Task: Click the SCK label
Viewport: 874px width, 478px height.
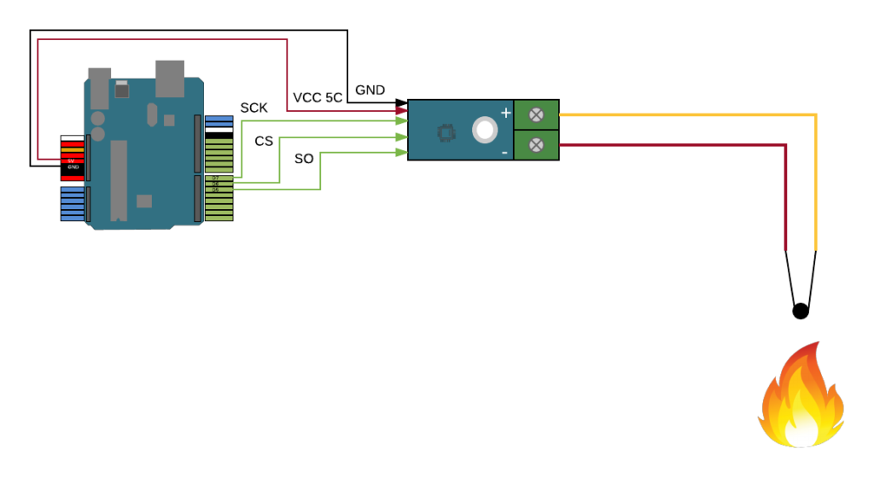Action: coord(253,108)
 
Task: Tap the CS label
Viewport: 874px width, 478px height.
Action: coord(264,141)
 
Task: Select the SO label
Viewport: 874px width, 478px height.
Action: coord(304,159)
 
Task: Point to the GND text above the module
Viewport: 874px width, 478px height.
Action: coord(370,90)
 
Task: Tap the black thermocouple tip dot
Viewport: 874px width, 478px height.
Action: coord(800,311)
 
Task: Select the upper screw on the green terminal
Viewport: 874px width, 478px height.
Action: coord(536,114)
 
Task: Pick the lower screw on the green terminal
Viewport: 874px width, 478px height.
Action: coord(536,145)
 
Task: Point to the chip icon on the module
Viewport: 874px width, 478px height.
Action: coord(445,132)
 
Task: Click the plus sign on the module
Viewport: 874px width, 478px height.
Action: coord(505,113)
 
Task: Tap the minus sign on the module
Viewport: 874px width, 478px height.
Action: coord(504,153)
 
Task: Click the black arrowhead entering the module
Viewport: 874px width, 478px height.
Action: coord(401,103)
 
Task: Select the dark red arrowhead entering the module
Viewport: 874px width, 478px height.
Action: coord(401,111)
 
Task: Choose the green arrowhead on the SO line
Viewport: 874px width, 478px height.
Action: coord(401,153)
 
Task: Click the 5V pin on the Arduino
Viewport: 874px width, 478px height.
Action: coord(72,160)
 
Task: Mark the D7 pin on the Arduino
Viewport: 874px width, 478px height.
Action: coord(216,178)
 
